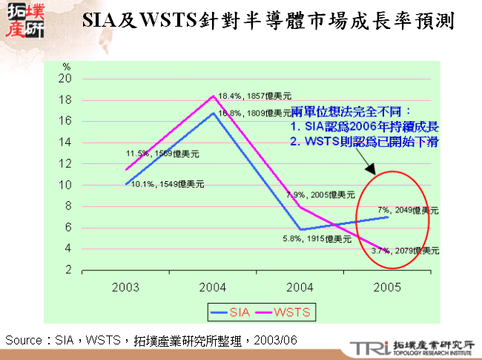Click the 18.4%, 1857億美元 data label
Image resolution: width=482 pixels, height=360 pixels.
(x=252, y=96)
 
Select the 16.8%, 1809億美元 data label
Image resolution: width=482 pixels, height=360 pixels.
(x=252, y=114)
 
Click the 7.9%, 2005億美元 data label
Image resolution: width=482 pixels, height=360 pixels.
(x=322, y=194)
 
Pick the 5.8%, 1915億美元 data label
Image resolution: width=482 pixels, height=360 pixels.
(x=316, y=239)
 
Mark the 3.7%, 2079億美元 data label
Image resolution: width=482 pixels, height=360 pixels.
(x=406, y=252)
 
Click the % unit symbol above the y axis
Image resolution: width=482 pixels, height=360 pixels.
(x=66, y=68)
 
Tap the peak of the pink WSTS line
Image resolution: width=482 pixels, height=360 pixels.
(x=214, y=96)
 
